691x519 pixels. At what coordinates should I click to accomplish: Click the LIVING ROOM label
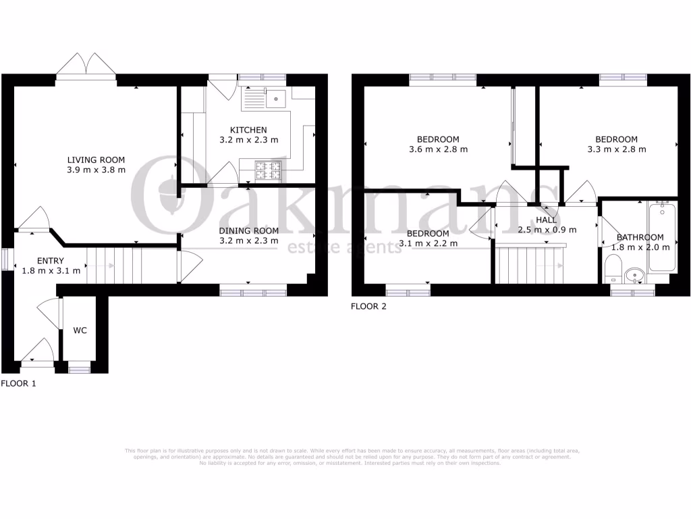coord(96,159)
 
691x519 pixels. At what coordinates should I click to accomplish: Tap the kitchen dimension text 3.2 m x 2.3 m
coord(248,140)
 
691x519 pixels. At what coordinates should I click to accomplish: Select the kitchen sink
coord(276,99)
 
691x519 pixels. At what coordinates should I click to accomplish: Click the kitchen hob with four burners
coord(268,171)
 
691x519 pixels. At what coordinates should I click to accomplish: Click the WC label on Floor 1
coord(80,331)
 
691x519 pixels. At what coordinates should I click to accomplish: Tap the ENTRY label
coord(51,261)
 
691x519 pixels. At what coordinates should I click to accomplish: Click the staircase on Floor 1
coord(102,266)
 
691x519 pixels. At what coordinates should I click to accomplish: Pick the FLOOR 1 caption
coord(18,383)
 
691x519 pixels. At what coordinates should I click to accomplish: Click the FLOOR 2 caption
coord(369,306)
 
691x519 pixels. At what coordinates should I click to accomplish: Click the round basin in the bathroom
coord(634,276)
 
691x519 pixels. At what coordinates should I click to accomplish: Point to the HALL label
coord(547,220)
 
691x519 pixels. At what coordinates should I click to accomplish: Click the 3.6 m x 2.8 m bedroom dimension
coord(438,149)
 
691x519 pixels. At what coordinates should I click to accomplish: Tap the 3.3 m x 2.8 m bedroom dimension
coord(617,149)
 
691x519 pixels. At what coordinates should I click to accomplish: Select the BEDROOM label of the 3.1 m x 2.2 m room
coord(428,234)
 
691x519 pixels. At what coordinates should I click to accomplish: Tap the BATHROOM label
coord(640,237)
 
